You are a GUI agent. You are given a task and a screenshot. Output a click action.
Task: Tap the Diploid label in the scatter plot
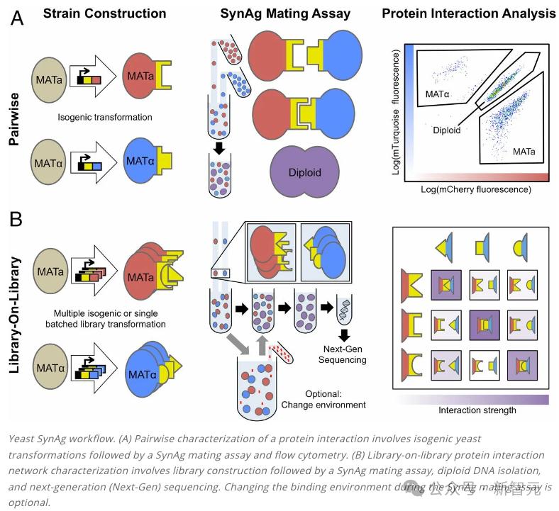point(447,130)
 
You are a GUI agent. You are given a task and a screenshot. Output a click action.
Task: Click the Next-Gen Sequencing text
point(343,355)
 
